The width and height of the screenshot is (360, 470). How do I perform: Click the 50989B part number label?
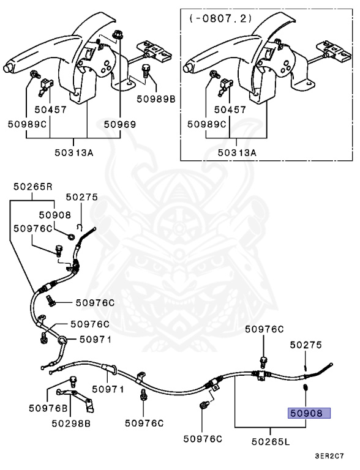pyautogui.click(x=156, y=99)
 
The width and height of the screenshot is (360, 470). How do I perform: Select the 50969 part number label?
pyautogui.click(x=120, y=124)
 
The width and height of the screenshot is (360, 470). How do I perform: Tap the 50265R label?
pyautogui.click(x=32, y=187)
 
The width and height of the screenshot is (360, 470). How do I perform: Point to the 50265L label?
pyautogui.click(x=271, y=441)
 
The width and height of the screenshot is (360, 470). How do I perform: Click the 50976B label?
pyautogui.click(x=48, y=408)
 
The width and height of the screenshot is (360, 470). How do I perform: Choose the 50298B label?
pyautogui.click(x=71, y=423)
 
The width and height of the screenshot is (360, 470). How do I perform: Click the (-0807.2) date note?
pyautogui.click(x=220, y=18)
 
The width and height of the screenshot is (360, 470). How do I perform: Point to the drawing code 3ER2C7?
pyautogui.click(x=329, y=456)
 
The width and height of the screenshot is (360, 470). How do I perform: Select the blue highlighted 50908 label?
pyautogui.click(x=309, y=413)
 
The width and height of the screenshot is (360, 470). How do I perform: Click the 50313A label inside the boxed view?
pyautogui.click(x=237, y=152)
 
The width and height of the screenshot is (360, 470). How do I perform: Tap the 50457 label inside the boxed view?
pyautogui.click(x=230, y=110)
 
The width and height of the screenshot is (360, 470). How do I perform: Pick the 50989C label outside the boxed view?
pyautogui.click(x=27, y=124)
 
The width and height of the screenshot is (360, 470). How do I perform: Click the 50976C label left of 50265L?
pyautogui.click(x=203, y=439)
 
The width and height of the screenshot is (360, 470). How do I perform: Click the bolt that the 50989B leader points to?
pyautogui.click(x=146, y=70)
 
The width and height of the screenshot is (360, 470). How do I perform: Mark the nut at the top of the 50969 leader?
pyautogui.click(x=118, y=35)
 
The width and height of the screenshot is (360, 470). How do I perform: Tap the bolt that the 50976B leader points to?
pyautogui.click(x=73, y=381)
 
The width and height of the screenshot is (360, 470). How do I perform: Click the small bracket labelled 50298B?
pyautogui.click(x=75, y=399)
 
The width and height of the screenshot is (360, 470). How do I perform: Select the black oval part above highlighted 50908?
pyautogui.click(x=306, y=387)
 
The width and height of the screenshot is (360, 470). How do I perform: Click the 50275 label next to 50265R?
pyautogui.click(x=82, y=197)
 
